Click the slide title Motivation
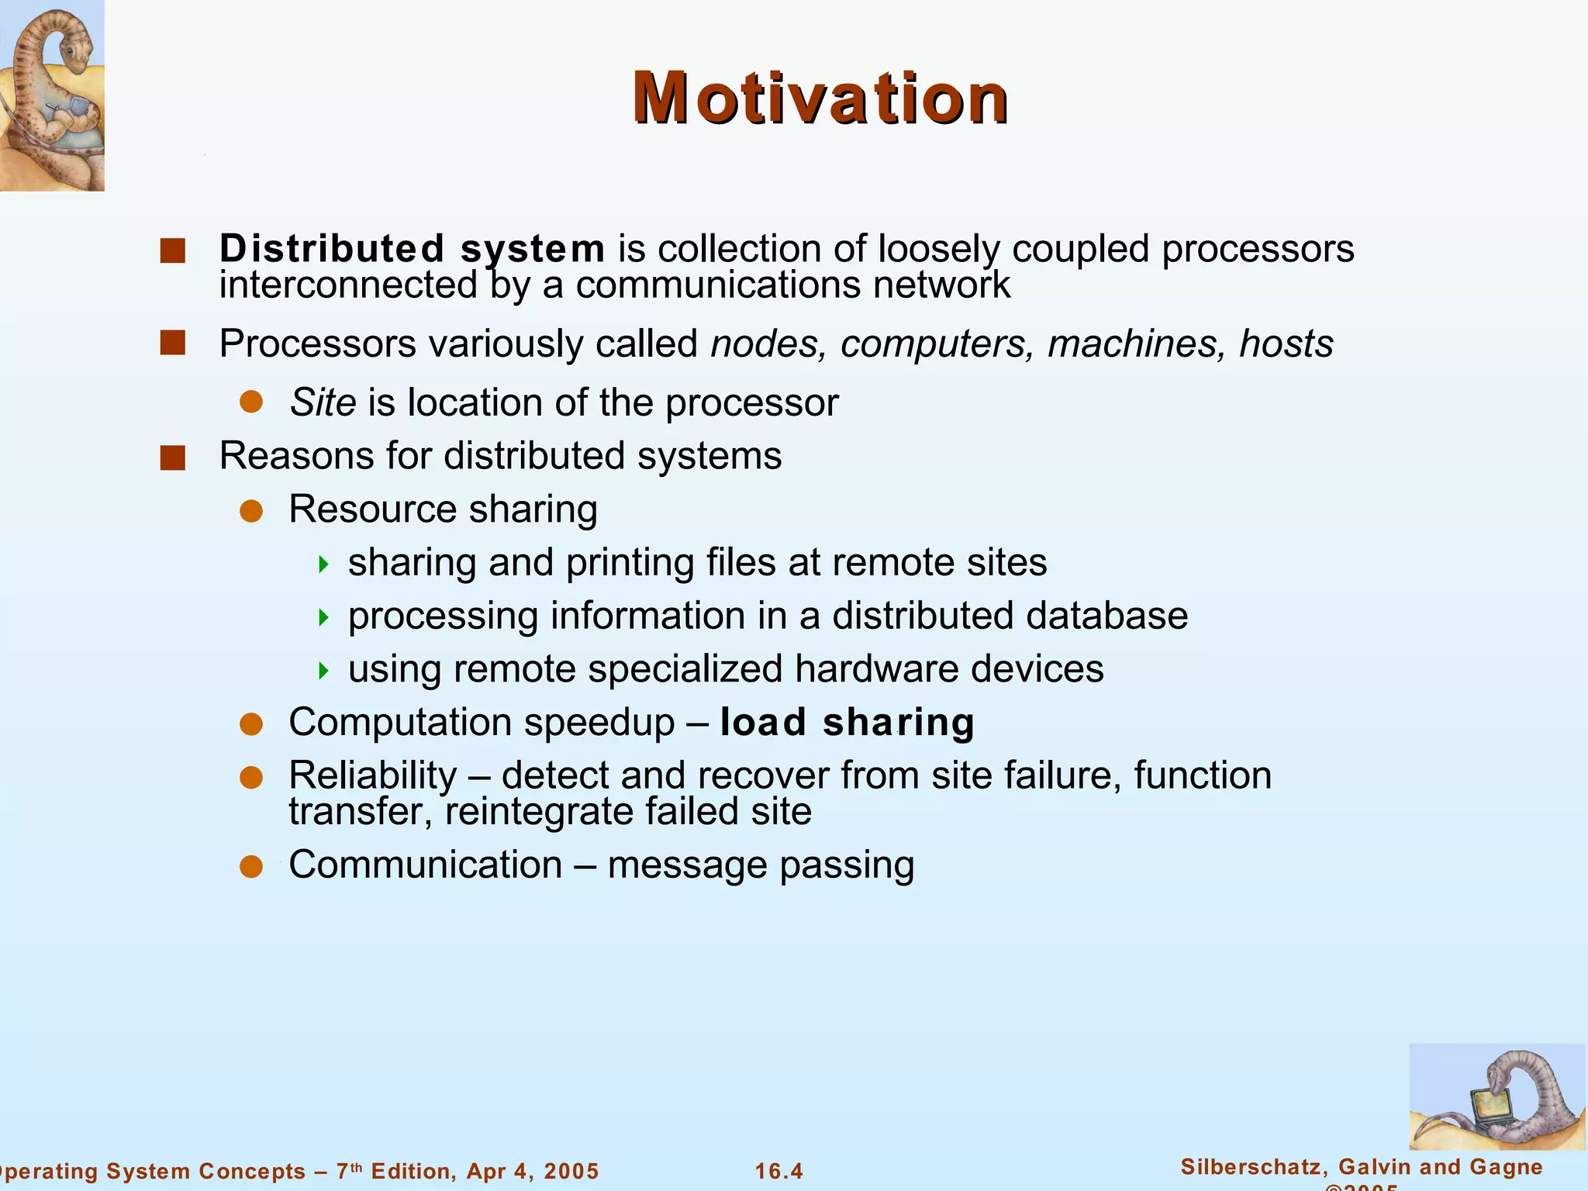(820, 98)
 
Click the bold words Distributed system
(412, 249)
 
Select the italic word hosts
(1286, 343)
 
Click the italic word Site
(323, 402)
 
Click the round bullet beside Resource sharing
(251, 511)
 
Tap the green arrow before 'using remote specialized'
(324, 670)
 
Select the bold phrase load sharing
(847, 723)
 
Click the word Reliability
(373, 775)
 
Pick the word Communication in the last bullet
(425, 865)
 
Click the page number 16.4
(779, 1171)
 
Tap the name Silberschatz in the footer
(1247, 1166)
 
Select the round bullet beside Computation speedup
(251, 724)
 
